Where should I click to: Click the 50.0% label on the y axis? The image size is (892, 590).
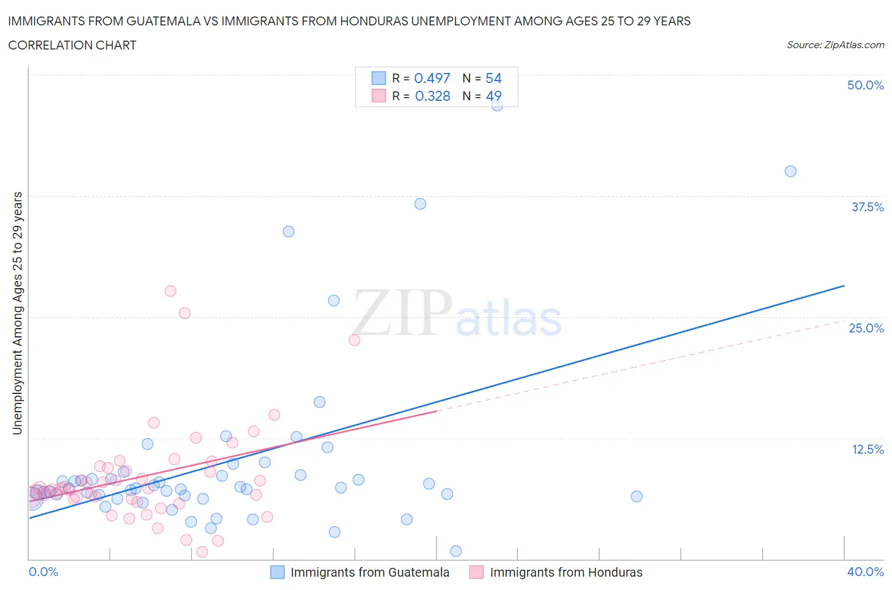coord(865,85)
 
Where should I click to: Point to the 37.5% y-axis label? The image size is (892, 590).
coord(867,207)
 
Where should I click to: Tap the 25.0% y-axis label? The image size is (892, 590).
coord(866,328)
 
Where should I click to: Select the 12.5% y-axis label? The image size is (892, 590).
coord(867,449)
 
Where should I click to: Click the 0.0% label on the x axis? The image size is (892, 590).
coord(43,572)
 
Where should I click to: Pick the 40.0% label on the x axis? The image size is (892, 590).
coord(865,572)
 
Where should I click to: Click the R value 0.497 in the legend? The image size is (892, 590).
coord(432,78)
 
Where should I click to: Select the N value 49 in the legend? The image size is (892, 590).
coord(494,96)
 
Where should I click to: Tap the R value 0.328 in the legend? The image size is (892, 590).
coord(432,96)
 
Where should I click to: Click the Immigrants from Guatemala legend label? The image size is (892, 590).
coord(370,572)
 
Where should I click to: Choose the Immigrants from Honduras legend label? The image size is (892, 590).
coord(566,572)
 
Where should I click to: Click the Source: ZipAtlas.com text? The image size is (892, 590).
coord(835,45)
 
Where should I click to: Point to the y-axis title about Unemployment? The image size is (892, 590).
coord(18,313)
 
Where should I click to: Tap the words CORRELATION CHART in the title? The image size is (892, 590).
coord(72,45)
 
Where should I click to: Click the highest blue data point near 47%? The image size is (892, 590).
coord(497,105)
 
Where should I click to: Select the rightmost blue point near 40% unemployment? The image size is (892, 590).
coord(790,171)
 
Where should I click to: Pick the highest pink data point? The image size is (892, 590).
coord(170,291)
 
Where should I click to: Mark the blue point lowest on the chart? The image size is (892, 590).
coord(456,551)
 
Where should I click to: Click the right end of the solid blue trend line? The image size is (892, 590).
coord(844,286)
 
